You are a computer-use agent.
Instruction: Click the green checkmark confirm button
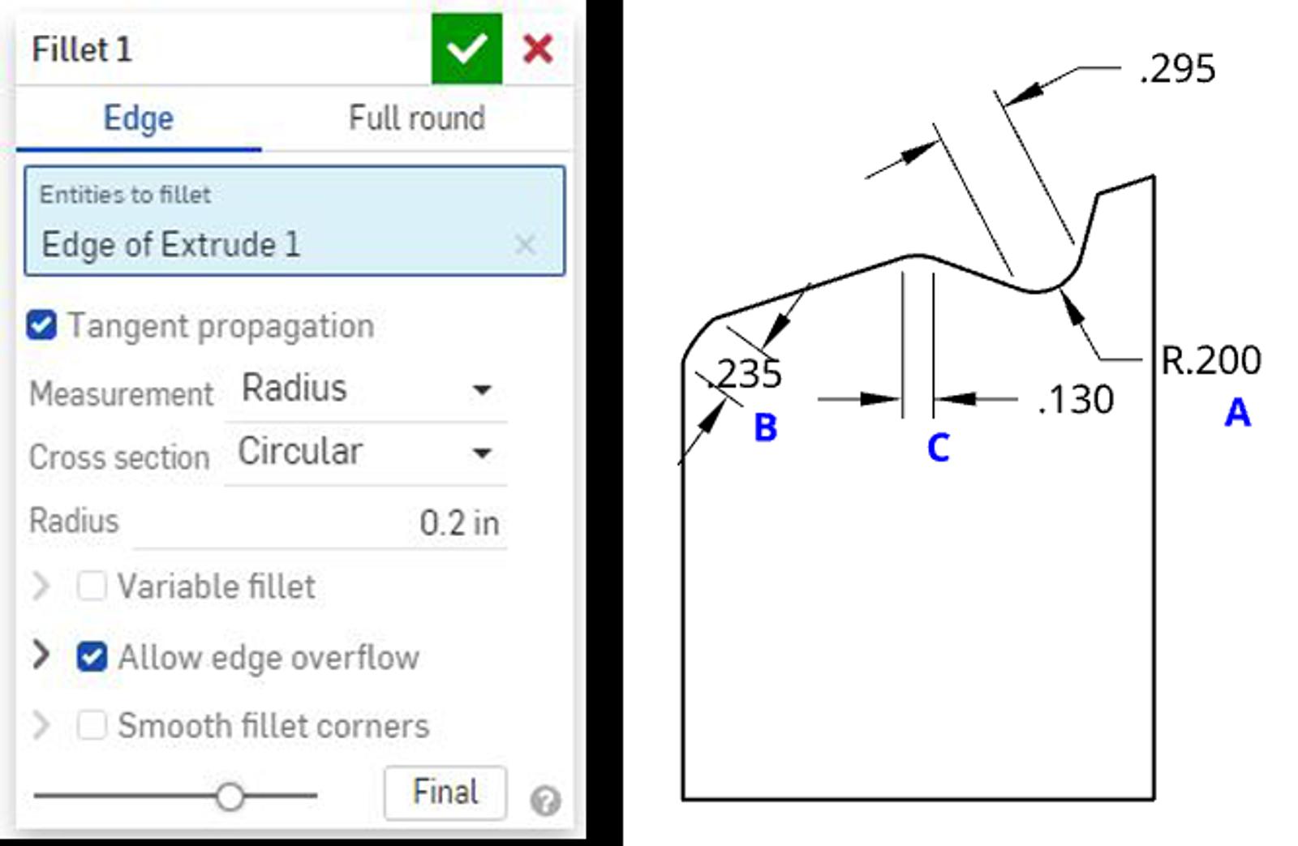(466, 49)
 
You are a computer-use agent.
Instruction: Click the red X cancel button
(538, 49)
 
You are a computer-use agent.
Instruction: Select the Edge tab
(139, 118)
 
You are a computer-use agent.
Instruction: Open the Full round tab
(417, 118)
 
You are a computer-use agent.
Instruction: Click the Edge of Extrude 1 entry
(171, 244)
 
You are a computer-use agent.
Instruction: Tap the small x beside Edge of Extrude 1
(525, 244)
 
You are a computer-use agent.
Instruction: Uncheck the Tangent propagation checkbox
(41, 325)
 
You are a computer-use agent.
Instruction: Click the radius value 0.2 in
(458, 523)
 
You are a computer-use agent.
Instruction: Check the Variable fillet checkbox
(92, 586)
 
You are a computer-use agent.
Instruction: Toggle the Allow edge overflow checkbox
(92, 656)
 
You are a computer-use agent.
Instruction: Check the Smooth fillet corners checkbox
(92, 725)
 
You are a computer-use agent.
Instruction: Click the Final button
(445, 792)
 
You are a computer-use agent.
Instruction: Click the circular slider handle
(230, 797)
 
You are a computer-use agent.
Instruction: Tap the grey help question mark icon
(545, 801)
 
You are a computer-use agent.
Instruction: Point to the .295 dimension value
(1177, 69)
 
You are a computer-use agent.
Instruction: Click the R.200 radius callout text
(1211, 360)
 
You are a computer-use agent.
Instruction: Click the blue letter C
(938, 448)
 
